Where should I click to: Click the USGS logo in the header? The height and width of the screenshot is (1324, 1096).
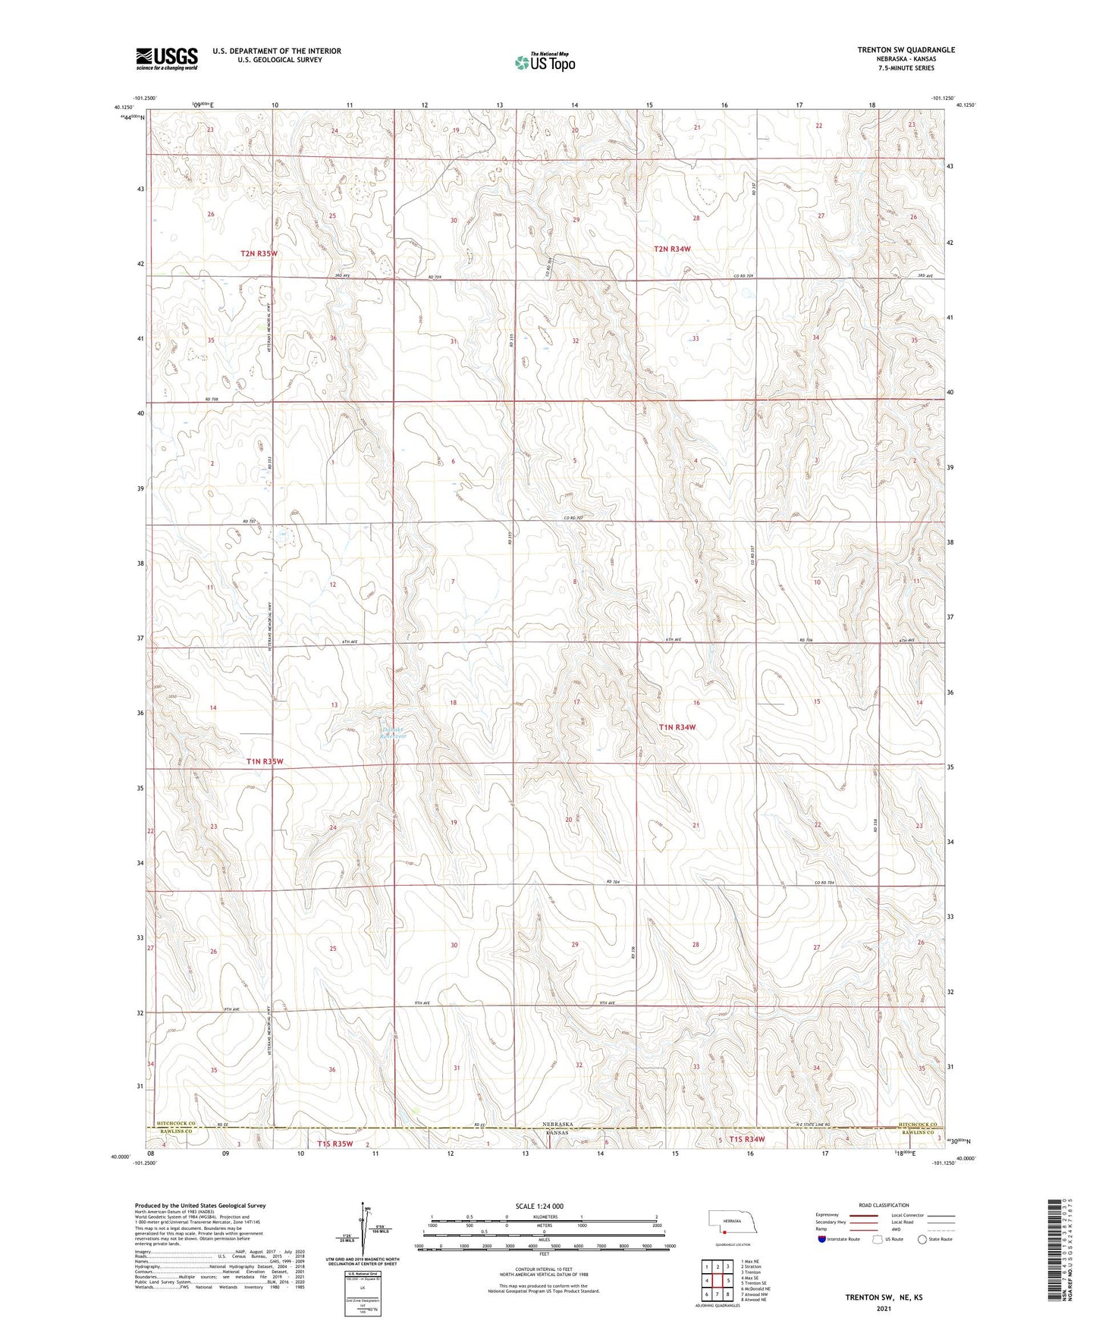166,58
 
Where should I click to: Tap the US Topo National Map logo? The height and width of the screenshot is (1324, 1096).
544,61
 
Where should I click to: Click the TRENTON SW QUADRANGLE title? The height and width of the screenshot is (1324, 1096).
906,50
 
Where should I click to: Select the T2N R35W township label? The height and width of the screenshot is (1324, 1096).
258,253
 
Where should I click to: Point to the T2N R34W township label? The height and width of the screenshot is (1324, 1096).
672,249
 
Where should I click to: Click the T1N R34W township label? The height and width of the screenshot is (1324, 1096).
677,727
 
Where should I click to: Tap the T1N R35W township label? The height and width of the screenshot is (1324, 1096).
264,761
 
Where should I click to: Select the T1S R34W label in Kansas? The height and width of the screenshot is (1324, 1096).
746,1139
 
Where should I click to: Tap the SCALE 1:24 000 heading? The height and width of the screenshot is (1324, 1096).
539,1206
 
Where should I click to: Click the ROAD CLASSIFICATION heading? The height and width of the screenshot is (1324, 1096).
884,1205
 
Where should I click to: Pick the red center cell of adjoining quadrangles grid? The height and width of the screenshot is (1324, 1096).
717,1282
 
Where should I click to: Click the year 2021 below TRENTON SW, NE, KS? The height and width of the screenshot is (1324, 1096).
883,1309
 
